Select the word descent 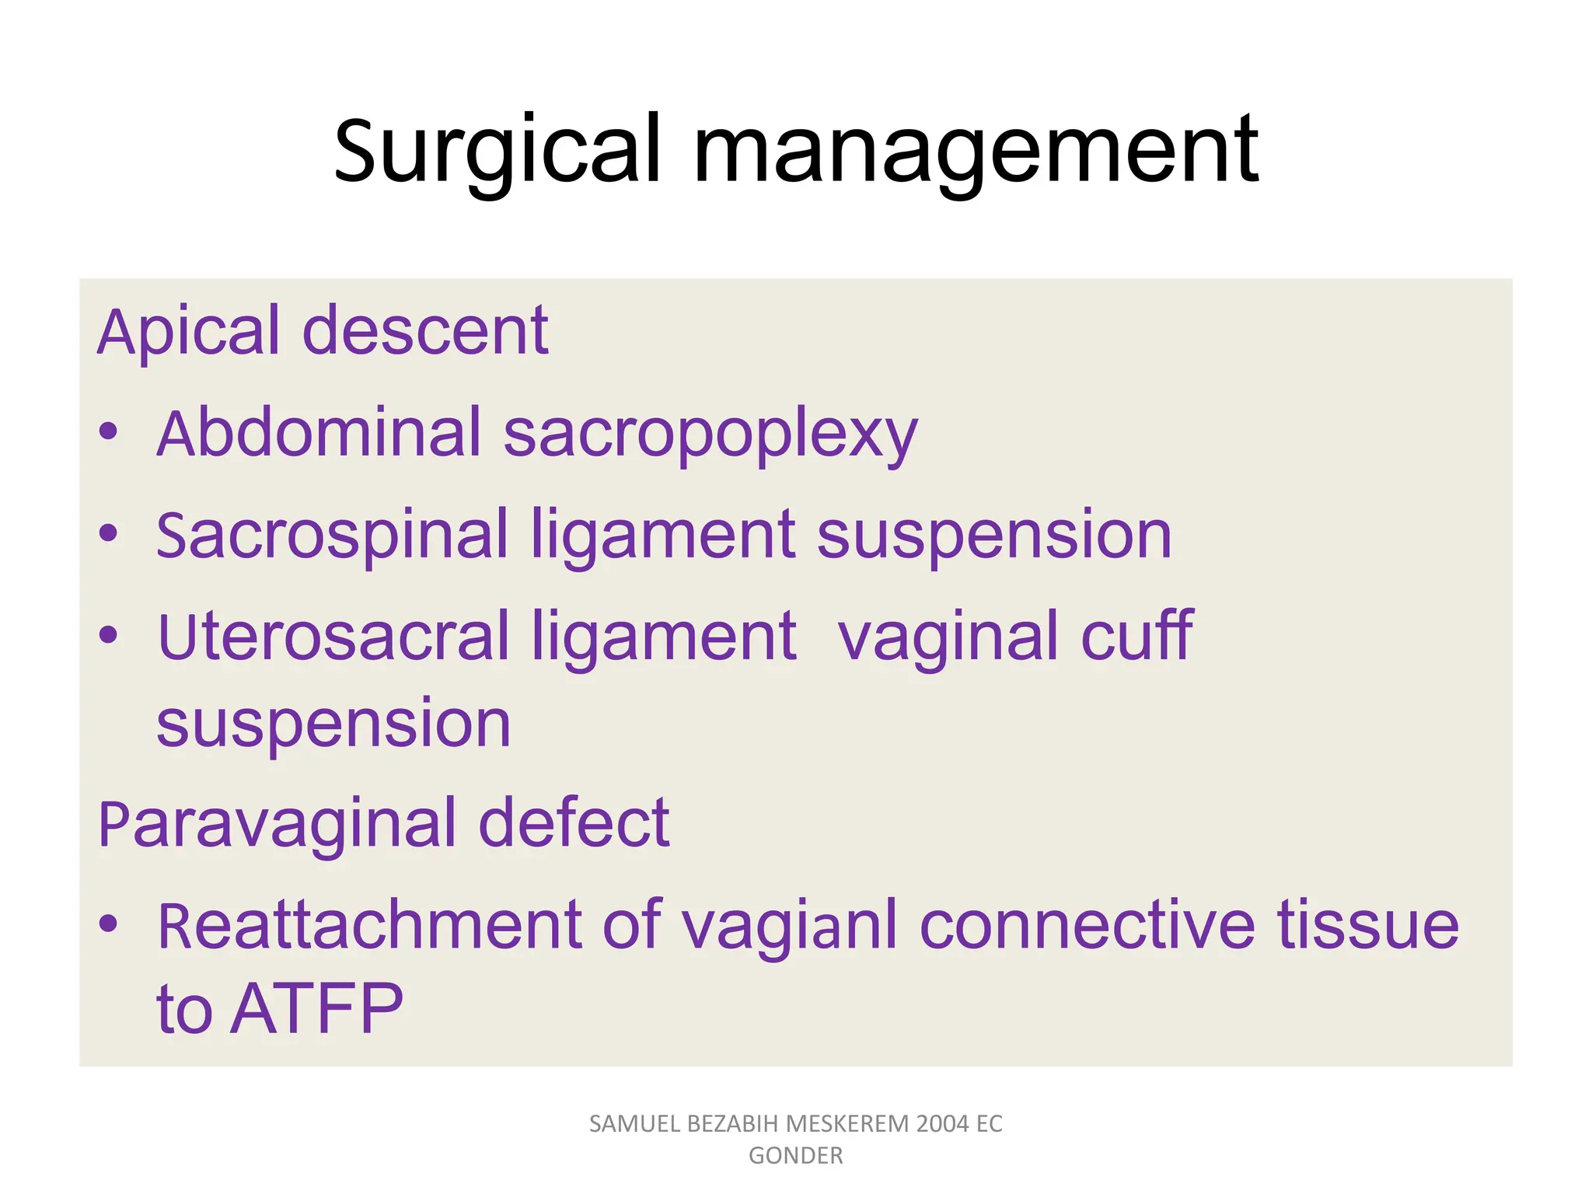point(425,332)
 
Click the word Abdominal point(319,433)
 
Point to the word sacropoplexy point(710,435)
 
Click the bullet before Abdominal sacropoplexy point(108,432)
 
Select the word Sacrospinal point(332,536)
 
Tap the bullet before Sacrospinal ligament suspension point(108,534)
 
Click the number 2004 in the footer point(942,1124)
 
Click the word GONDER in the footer point(795,1156)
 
